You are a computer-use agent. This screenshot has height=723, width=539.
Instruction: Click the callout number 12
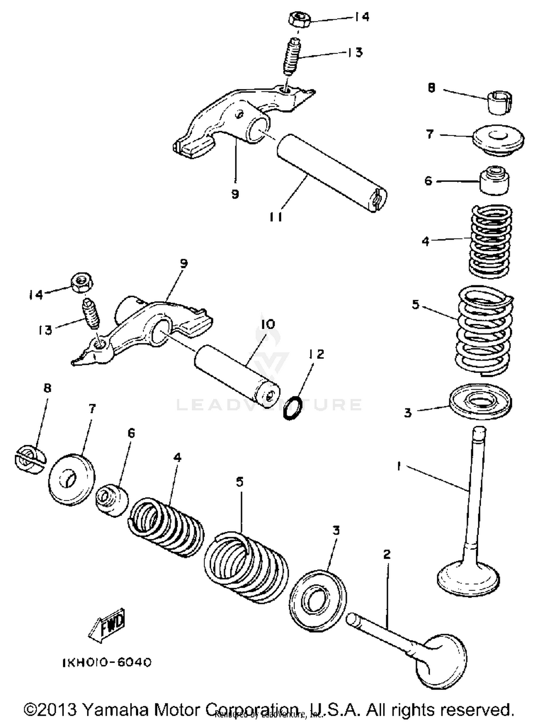[316, 354]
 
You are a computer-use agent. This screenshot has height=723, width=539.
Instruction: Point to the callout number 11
[276, 217]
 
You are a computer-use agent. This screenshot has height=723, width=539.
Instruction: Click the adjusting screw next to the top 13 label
[293, 56]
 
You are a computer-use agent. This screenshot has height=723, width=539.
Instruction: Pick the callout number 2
[387, 555]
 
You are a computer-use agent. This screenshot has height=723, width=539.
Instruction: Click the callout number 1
[399, 466]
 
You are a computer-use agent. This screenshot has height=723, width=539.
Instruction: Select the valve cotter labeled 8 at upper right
[500, 103]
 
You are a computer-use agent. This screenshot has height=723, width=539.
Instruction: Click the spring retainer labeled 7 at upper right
[498, 140]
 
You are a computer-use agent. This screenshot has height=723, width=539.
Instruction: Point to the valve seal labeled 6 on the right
[495, 181]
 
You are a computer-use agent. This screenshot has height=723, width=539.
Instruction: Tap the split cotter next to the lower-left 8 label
[30, 460]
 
